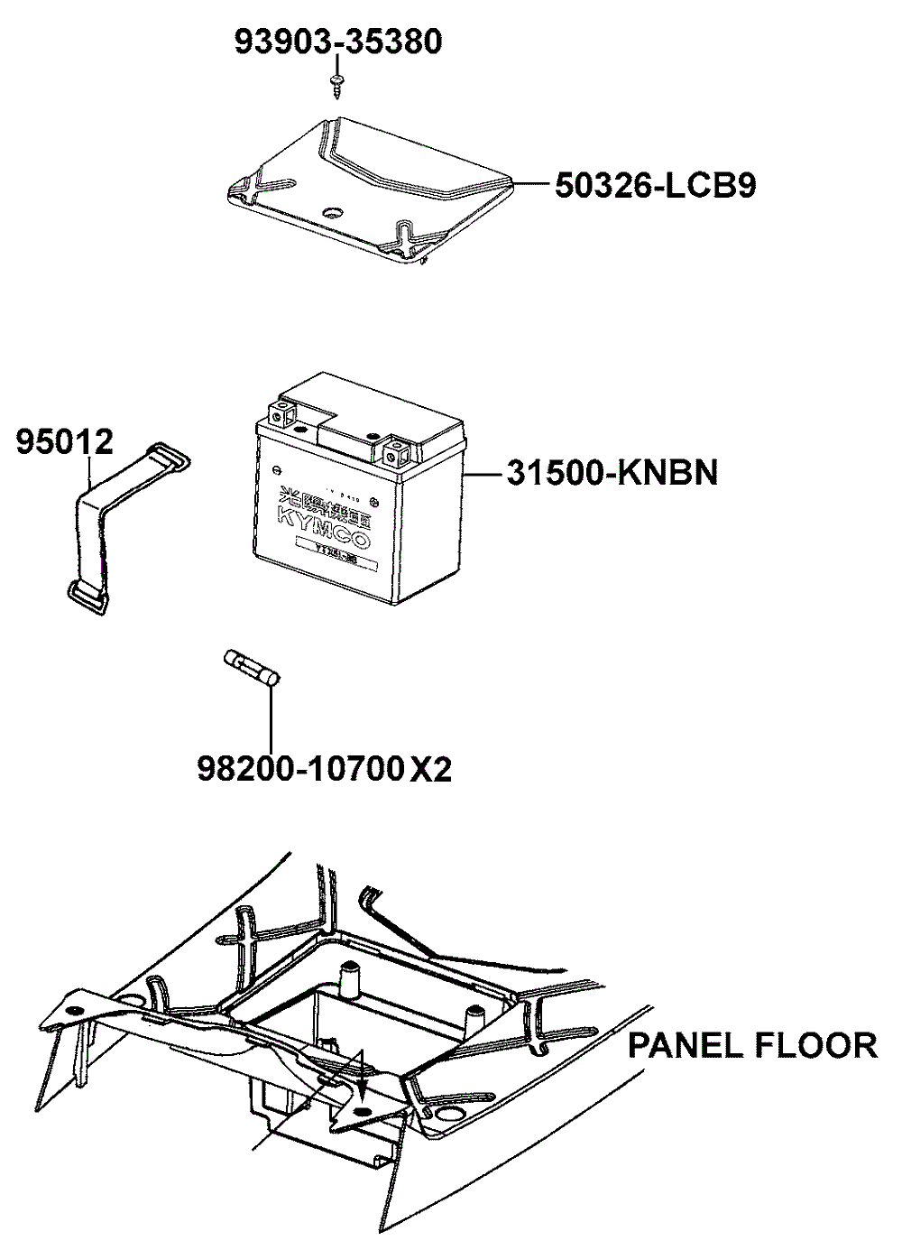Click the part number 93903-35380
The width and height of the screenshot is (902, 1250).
(338, 42)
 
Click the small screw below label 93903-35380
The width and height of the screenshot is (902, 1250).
(336, 84)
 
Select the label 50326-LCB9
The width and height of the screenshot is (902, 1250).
(655, 185)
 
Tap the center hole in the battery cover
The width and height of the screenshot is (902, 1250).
(331, 212)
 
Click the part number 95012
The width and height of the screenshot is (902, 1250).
(64, 442)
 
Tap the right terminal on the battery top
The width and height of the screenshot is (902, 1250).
(394, 448)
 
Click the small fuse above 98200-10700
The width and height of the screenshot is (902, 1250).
(253, 669)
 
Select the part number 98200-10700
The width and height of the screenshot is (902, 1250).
(299, 769)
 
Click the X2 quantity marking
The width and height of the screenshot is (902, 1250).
(430, 769)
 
